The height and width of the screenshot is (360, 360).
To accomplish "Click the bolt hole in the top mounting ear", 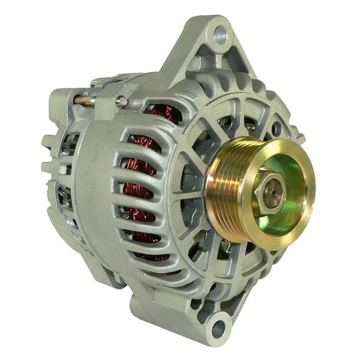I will pyautogui.click(x=219, y=34).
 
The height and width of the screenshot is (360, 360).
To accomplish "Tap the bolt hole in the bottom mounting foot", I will pyautogui.click(x=217, y=327).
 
